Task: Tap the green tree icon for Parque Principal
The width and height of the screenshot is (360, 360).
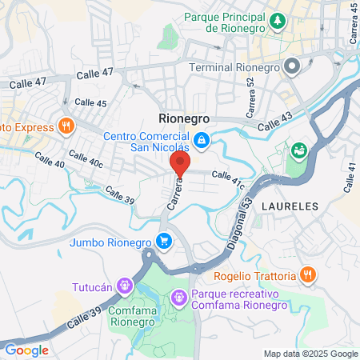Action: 278,19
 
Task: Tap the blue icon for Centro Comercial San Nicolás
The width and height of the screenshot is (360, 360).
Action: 202,140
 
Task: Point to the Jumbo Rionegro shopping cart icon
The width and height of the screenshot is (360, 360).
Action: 164,240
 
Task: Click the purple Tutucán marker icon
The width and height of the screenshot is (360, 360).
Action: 125,284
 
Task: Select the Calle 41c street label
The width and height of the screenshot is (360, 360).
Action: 227,178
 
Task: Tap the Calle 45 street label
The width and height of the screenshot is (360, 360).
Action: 90,103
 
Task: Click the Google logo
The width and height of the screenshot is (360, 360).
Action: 26,350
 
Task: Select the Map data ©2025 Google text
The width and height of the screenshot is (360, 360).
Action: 311,354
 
